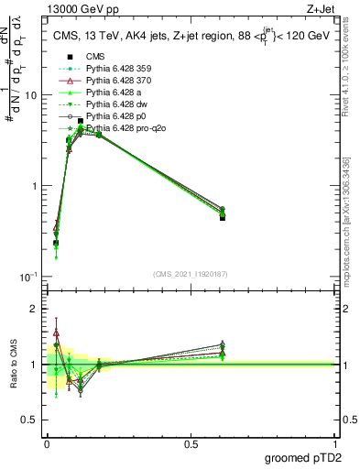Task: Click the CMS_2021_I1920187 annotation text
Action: (190, 273)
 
